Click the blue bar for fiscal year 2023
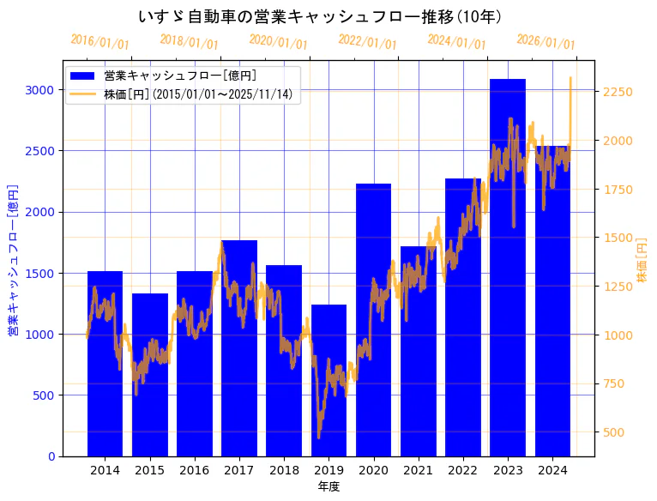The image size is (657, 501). coord(508,267)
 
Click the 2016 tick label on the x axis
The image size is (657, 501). coord(194,470)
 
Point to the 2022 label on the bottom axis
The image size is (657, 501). coord(463,470)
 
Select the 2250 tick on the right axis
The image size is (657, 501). coord(618,92)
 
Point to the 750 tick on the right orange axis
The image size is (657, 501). coord(615,383)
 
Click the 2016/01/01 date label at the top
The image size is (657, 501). coord(100,42)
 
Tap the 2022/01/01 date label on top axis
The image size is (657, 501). coord(368,42)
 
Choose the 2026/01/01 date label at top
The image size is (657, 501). coord(546,42)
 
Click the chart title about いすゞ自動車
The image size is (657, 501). coord(320,16)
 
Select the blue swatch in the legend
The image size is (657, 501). coord(83,75)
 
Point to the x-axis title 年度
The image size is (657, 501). coord(328,486)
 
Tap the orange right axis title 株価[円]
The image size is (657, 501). coord(642,259)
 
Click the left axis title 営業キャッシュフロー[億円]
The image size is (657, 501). coord(12,259)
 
